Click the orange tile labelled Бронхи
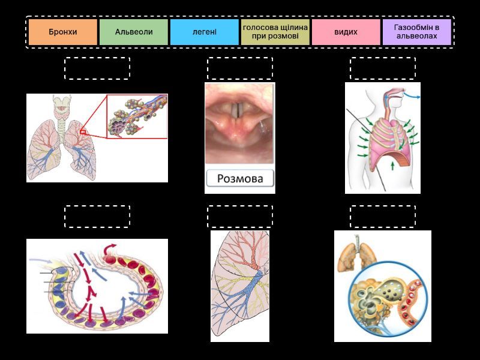pos(63,32)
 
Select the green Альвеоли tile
pos(133,32)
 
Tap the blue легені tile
pos(204,32)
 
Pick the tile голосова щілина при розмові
pos(275,32)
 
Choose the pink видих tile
pos(346,32)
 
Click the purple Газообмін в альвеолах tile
pos(416,32)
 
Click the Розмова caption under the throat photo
pos(239,178)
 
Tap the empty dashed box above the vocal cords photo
pos(240,68)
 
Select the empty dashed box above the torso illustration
pos(383,68)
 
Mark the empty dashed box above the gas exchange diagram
pos(97,217)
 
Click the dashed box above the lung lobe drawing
pos(240,217)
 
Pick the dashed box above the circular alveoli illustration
pos(383,217)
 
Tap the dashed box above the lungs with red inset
pos(97,68)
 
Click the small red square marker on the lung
pos(83,132)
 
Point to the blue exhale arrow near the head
pos(413,95)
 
